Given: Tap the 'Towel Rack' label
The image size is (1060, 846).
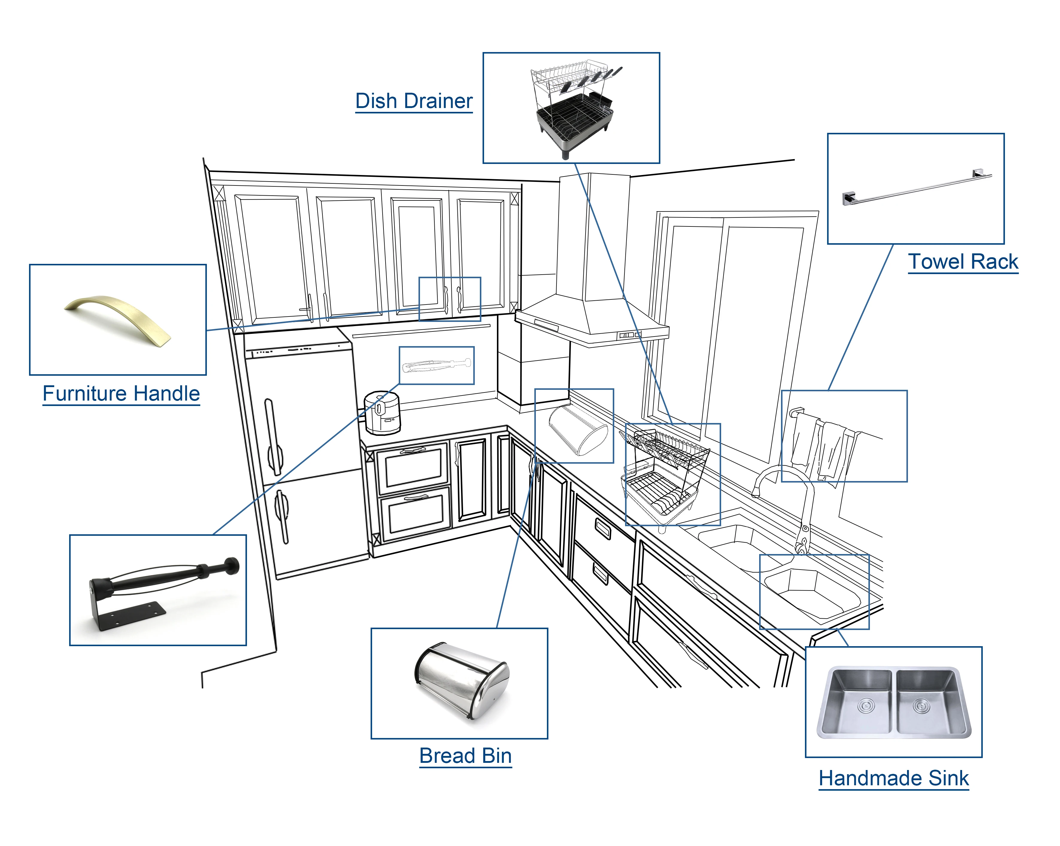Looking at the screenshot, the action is coord(963,261).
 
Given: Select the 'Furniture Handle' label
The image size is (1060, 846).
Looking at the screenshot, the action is coord(121,393).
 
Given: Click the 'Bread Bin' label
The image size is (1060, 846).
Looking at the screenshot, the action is coord(465,756).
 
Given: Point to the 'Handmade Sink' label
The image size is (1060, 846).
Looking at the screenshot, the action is coord(893,778).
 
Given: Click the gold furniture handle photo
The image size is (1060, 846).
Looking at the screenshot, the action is coord(118,319).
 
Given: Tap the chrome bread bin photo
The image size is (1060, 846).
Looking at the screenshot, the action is coord(461,681).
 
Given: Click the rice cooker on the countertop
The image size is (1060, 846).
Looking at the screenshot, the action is coord(383,413).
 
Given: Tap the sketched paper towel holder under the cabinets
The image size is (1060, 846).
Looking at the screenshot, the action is coord(436,366).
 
